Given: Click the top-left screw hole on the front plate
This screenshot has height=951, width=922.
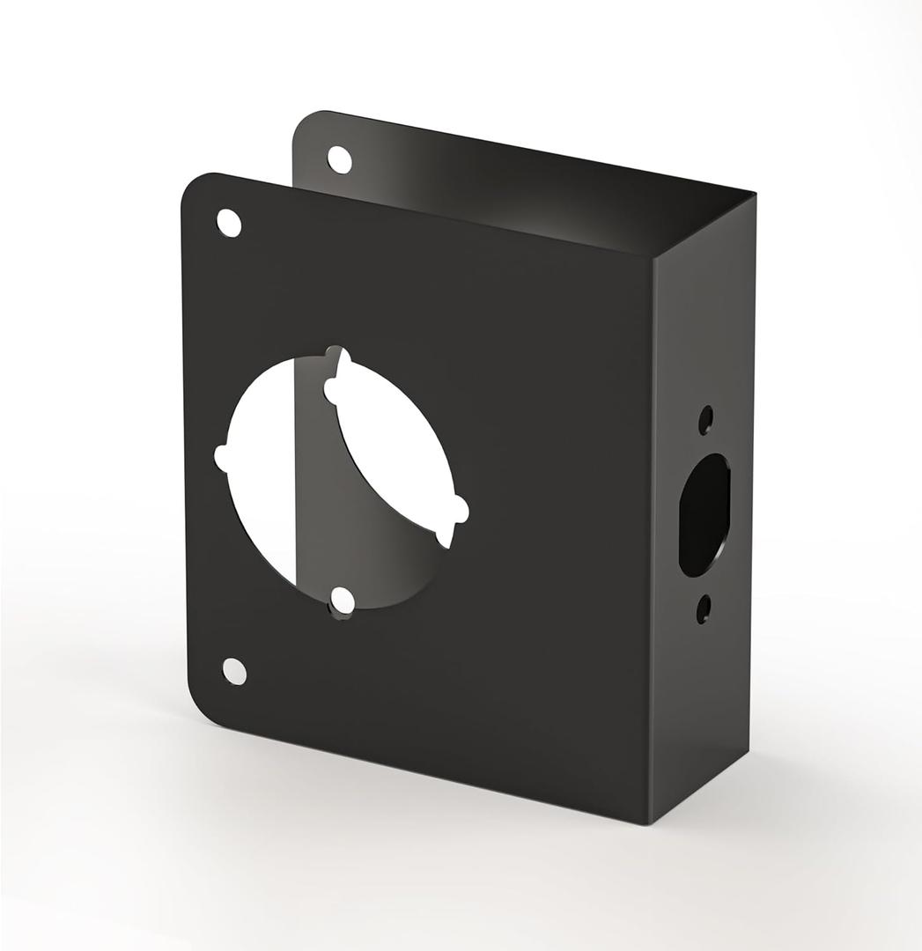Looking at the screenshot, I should (228, 223).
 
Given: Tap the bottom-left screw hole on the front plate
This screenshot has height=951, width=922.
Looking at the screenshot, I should (234, 671).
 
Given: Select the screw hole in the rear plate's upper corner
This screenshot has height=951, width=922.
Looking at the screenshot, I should (339, 159).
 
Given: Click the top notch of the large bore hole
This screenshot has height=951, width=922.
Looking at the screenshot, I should (338, 354).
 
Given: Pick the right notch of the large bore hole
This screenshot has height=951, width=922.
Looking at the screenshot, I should (460, 509).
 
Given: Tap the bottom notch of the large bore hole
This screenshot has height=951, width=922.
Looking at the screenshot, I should (343, 601).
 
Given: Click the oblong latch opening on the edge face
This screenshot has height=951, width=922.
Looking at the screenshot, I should (704, 515).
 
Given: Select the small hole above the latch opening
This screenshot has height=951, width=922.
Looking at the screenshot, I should (705, 420).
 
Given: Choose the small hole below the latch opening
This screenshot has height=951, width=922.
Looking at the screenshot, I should (704, 608).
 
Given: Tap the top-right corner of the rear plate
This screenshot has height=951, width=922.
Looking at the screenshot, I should (754, 194).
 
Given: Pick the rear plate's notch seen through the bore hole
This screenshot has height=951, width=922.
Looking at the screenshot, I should (332, 387).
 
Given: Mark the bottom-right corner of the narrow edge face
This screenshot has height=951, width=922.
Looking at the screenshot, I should (749, 756).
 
